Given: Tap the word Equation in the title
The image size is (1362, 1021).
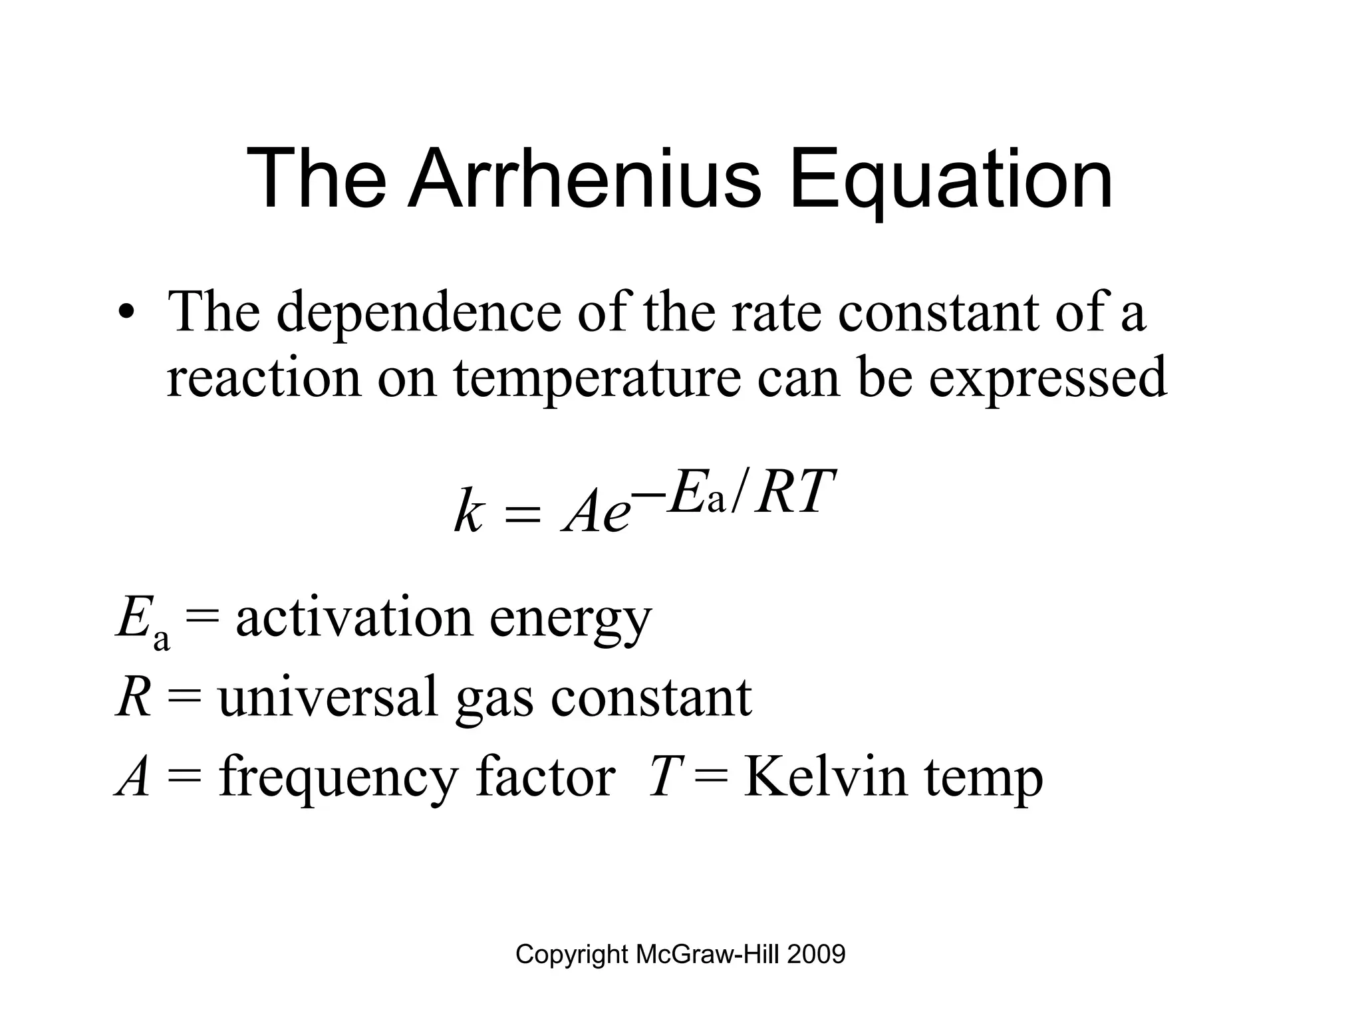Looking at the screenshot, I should tap(951, 181).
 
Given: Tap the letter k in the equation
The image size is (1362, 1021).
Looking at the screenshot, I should tap(468, 512).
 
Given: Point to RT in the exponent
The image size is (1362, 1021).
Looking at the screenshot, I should tap(794, 493).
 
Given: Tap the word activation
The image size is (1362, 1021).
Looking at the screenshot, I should tap(354, 618).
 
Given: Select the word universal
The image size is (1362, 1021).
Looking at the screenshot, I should tap(328, 697).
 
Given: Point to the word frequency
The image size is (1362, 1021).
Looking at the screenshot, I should tap(338, 778).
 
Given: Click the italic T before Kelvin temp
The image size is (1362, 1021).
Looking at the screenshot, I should tap(662, 777).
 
